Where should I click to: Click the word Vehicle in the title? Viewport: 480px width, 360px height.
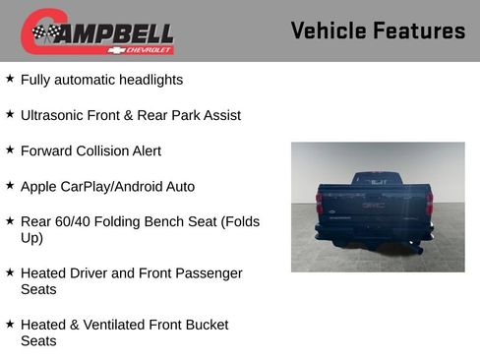pyautogui.click(x=329, y=30)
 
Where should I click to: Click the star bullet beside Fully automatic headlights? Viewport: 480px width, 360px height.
pyautogui.click(x=10, y=78)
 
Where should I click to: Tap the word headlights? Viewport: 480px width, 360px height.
pyautogui.click(x=148, y=80)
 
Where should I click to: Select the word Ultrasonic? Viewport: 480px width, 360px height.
pyautogui.click(x=54, y=115)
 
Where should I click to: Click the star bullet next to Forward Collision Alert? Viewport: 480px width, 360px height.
pyautogui.click(x=10, y=150)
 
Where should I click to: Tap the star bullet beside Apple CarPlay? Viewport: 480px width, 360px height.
pyautogui.click(x=10, y=185)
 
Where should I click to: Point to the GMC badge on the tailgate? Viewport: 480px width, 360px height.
pyautogui.click(x=374, y=206)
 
